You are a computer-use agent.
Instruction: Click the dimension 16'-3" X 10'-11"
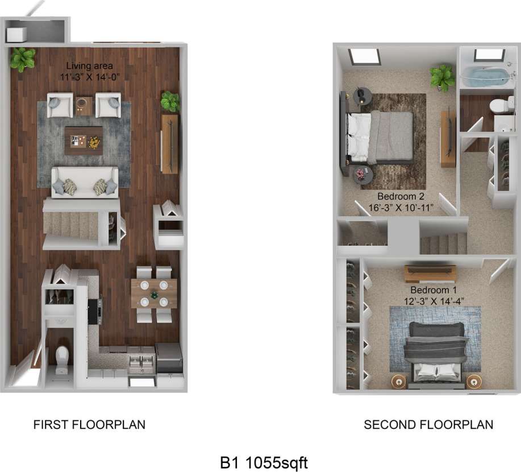397,208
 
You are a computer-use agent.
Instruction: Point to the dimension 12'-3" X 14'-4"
430,300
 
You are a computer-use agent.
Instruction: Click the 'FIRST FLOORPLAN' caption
89,425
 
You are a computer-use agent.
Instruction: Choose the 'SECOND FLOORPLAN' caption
428,425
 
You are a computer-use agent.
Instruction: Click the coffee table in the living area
84,140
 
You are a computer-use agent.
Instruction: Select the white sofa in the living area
85,183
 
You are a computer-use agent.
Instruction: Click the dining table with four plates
153,293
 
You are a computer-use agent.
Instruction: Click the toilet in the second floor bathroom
498,106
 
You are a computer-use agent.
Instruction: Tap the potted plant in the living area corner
22,59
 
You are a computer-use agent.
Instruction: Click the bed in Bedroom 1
435,351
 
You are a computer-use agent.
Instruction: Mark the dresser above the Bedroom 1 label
430,274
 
